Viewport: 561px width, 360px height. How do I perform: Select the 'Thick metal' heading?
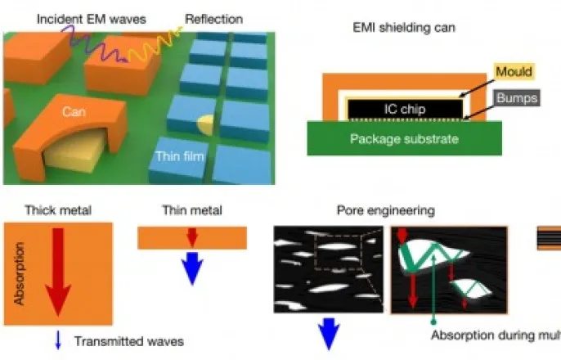58,210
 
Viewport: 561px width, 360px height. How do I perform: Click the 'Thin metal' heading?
190,210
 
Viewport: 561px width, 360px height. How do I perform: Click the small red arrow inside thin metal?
191,237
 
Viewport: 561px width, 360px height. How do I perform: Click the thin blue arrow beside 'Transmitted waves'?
58,340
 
